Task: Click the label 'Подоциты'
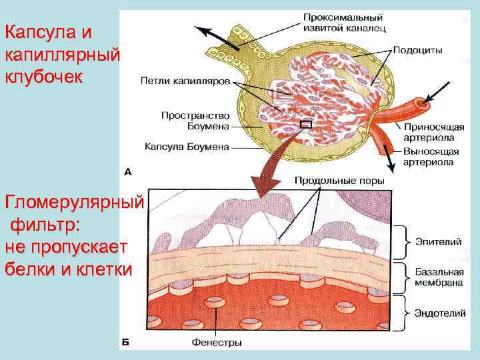pyautogui.click(x=417, y=49)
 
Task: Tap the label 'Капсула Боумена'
pyautogui.click(x=187, y=147)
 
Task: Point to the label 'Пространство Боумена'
pyautogui.click(x=195, y=120)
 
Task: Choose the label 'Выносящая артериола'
pyautogui.click(x=431, y=157)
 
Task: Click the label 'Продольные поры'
pyautogui.click(x=339, y=180)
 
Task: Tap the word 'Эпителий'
pyautogui.click(x=437, y=241)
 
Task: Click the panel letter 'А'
pyautogui.click(x=128, y=171)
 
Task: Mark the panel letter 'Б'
pyautogui.click(x=125, y=343)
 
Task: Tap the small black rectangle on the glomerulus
pyautogui.click(x=306, y=123)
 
